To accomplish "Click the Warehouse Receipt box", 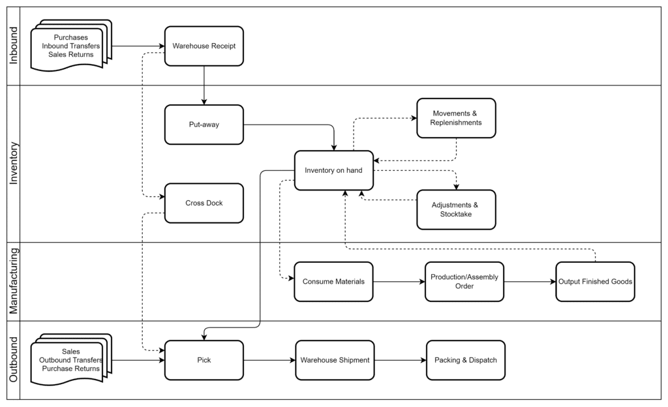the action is pyautogui.click(x=204, y=46).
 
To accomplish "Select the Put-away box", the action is pyautogui.click(x=204, y=125).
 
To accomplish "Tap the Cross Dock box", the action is pyautogui.click(x=204, y=203).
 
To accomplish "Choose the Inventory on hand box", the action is pyautogui.click(x=333, y=170).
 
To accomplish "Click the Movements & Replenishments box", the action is pyautogui.click(x=456, y=118).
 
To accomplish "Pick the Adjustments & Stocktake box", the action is pyautogui.click(x=456, y=209).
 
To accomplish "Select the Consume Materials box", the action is pyautogui.click(x=333, y=281).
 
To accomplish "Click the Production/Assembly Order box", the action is pyautogui.click(x=464, y=281).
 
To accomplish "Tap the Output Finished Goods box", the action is pyautogui.click(x=595, y=281).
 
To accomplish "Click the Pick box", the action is pyautogui.click(x=204, y=360).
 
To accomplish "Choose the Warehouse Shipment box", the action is pyautogui.click(x=335, y=360).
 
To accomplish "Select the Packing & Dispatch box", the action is pyautogui.click(x=466, y=360).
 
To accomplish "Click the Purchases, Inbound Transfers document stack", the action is pyautogui.click(x=71, y=46).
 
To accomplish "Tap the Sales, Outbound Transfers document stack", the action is pyautogui.click(x=71, y=360).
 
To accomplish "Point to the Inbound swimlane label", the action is pyautogui.click(x=14, y=46).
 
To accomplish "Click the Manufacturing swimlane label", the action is pyautogui.click(x=14, y=281).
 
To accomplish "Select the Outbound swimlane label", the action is pyautogui.click(x=14, y=360).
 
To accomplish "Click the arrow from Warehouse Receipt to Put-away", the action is pyautogui.click(x=204, y=85).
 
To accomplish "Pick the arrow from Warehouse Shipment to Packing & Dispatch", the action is pyautogui.click(x=400, y=360).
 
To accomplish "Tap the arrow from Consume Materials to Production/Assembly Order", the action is pyautogui.click(x=399, y=281).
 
